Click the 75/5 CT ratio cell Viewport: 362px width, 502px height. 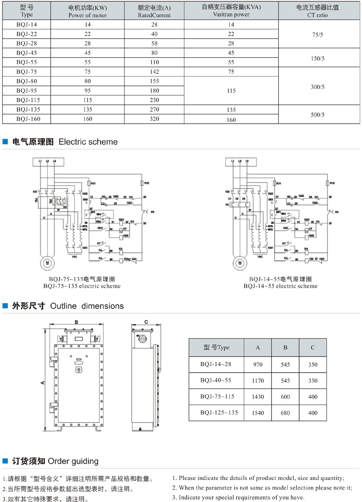click(318, 35)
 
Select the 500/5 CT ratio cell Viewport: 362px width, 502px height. click(318, 114)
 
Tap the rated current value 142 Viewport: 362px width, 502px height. click(154, 72)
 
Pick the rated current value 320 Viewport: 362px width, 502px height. click(154, 119)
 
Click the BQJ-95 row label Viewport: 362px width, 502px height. click(28, 91)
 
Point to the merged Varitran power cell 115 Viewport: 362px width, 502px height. click(231, 91)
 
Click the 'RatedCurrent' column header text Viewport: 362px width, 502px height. click(154, 15)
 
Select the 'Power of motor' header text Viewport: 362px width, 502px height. click(88, 15)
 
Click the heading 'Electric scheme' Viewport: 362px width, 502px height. click(88, 142)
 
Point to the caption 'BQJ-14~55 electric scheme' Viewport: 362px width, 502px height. click(280, 286)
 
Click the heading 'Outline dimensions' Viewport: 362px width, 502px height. click(87, 306)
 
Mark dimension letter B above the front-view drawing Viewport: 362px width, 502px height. click(76, 322)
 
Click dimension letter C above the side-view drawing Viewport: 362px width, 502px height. click(146, 322)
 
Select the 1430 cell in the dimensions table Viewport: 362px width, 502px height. click(258, 397)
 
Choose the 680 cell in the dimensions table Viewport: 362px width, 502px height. click(285, 413)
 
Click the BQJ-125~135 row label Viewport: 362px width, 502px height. click(217, 412)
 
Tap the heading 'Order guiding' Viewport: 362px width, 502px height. click(73, 461)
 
